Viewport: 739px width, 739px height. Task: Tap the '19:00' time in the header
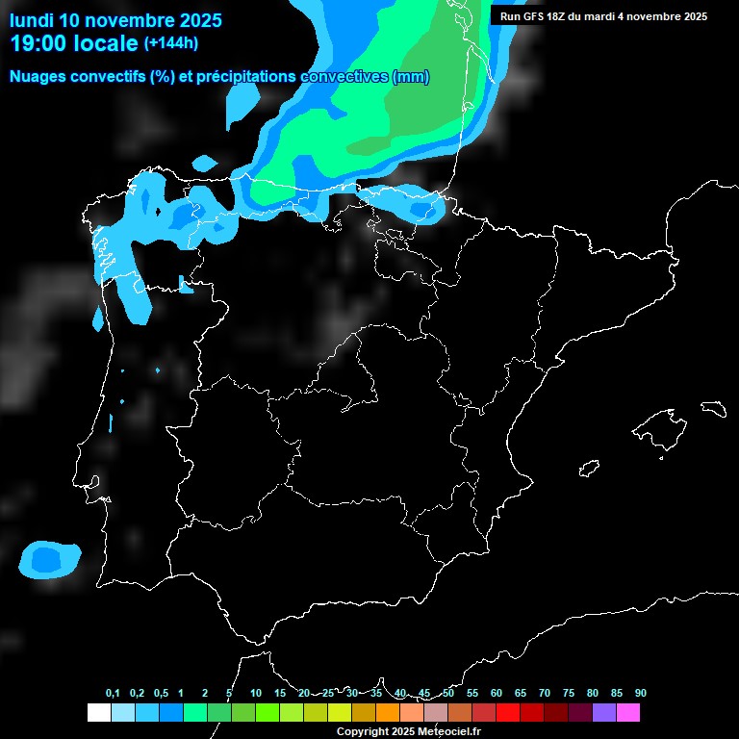(39, 43)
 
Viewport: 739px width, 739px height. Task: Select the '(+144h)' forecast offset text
(171, 43)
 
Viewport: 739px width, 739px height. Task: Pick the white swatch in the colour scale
(98, 713)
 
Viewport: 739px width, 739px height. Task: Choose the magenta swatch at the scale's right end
(628, 713)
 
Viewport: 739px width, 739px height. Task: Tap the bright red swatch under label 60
(508, 713)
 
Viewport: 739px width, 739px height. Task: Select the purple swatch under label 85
(604, 713)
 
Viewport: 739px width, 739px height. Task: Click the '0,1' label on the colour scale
(113, 694)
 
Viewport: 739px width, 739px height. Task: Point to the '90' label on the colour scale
(641, 694)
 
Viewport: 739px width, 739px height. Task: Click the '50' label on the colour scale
(448, 694)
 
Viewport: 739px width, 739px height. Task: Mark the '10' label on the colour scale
(256, 694)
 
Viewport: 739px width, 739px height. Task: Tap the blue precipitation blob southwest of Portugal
(50, 559)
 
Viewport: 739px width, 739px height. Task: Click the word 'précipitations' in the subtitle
(244, 77)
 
